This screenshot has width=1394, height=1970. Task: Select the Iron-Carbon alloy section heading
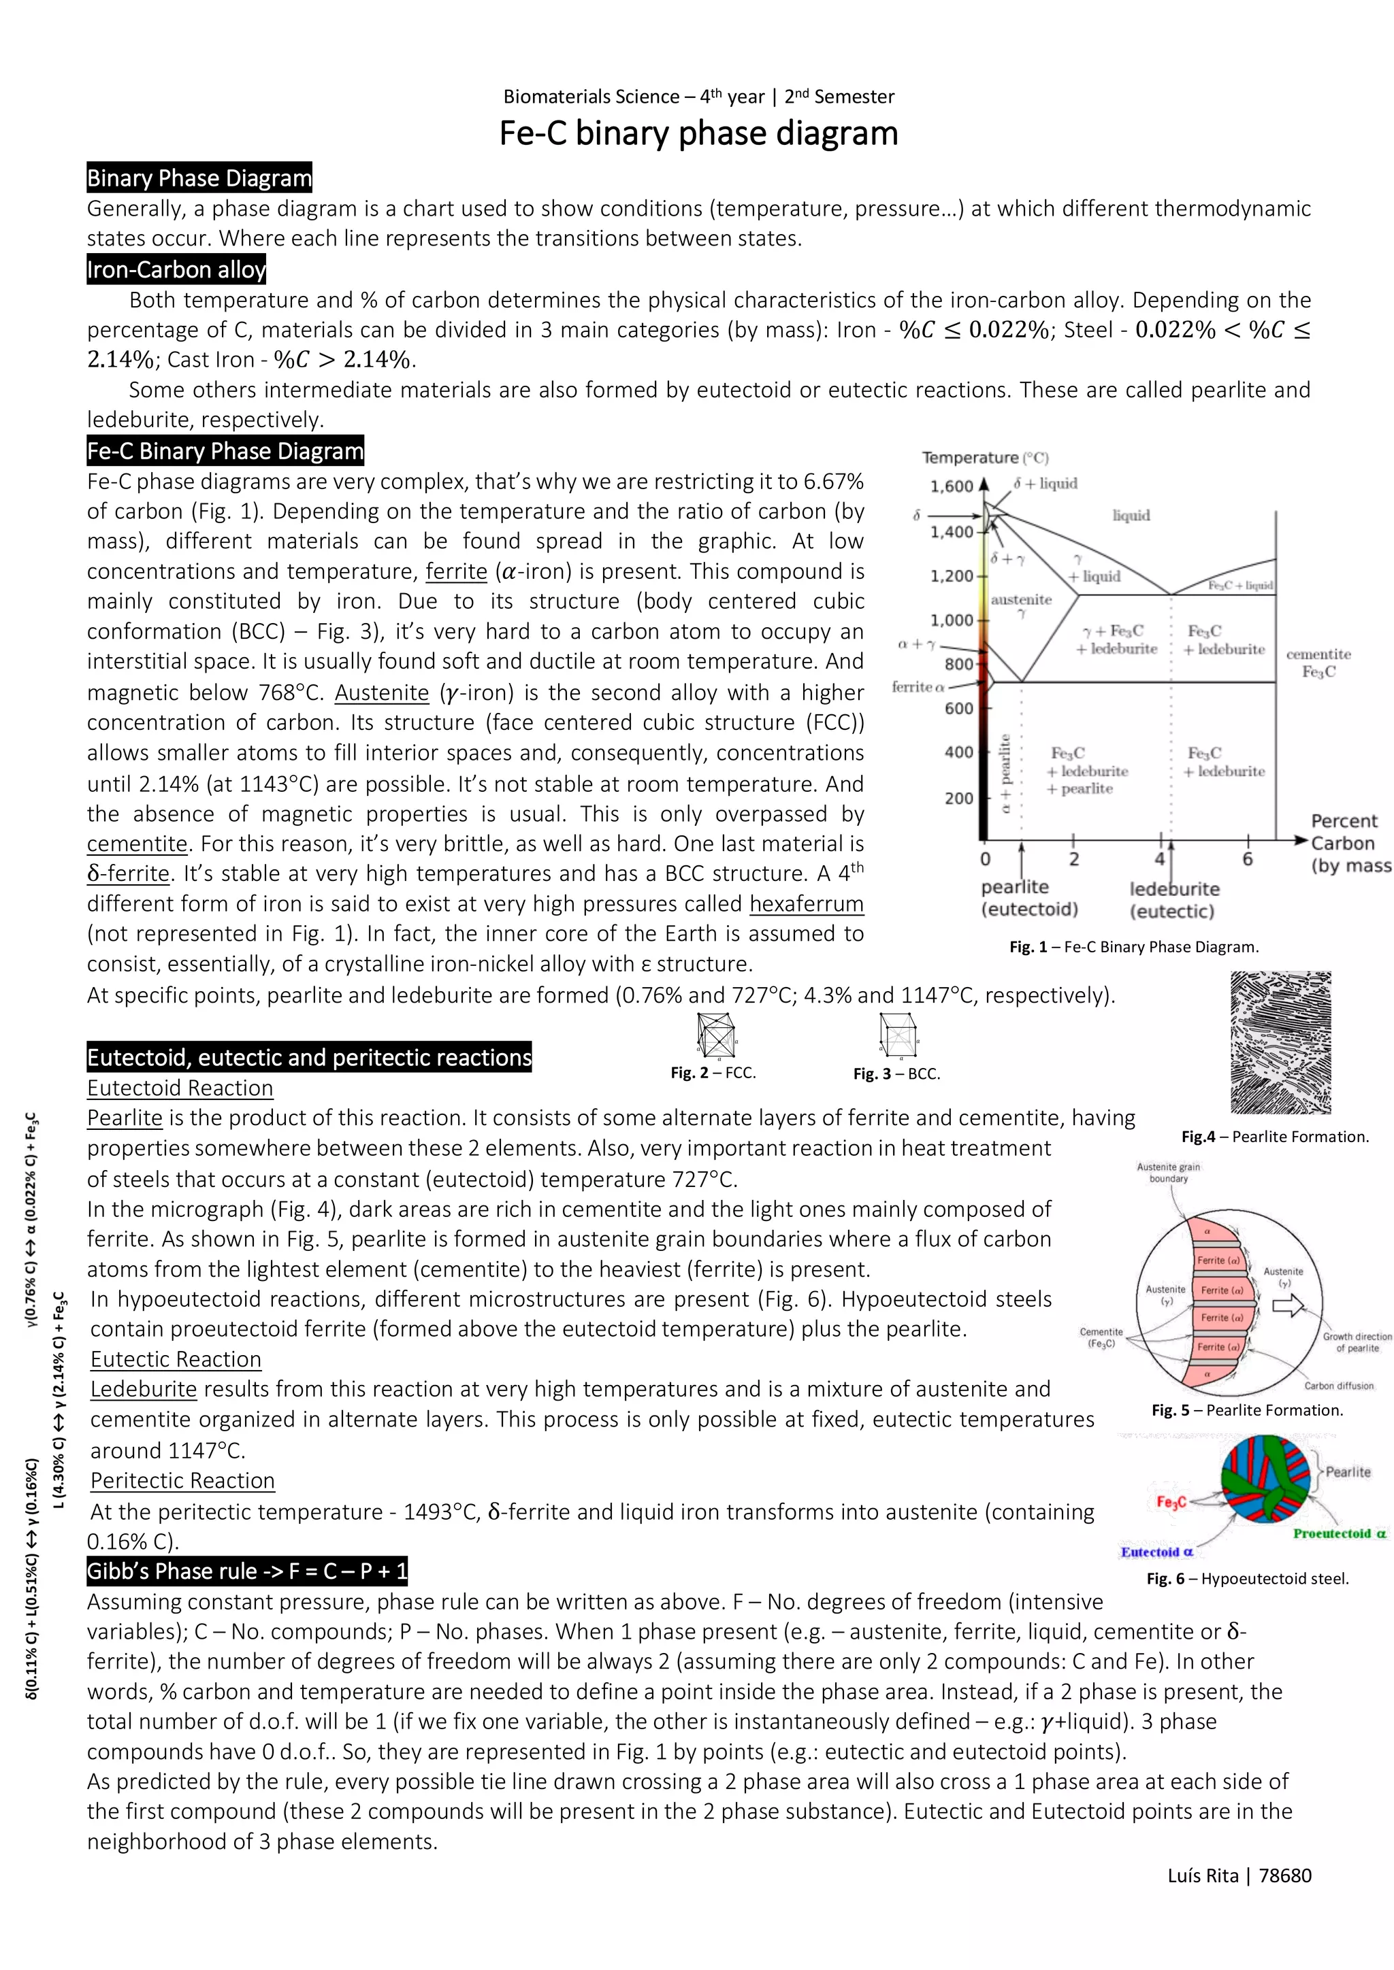pos(176,269)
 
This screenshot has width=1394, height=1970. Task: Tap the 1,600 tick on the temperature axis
pos(952,486)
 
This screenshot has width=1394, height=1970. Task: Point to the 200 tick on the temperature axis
pos(959,798)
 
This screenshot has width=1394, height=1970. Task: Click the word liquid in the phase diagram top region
pos(1131,515)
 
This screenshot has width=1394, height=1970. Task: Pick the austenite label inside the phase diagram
pos(1020,600)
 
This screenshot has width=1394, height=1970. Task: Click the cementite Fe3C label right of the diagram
pos(1318,663)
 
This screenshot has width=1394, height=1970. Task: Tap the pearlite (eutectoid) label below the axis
pos(1028,897)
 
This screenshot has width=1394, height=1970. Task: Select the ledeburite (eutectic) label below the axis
pos(1173,899)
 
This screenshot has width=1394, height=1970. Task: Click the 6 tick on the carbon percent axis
pos(1247,859)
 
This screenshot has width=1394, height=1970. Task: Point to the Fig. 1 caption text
pos(1133,946)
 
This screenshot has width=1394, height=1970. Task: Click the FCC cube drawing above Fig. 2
pos(716,1035)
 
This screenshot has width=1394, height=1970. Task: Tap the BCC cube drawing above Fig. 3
pos(898,1035)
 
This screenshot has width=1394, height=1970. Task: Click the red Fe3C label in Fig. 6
pos(1171,1501)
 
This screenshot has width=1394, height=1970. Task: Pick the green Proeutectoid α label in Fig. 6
pos(1339,1533)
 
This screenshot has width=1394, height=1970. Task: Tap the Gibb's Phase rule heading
pos(247,1571)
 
